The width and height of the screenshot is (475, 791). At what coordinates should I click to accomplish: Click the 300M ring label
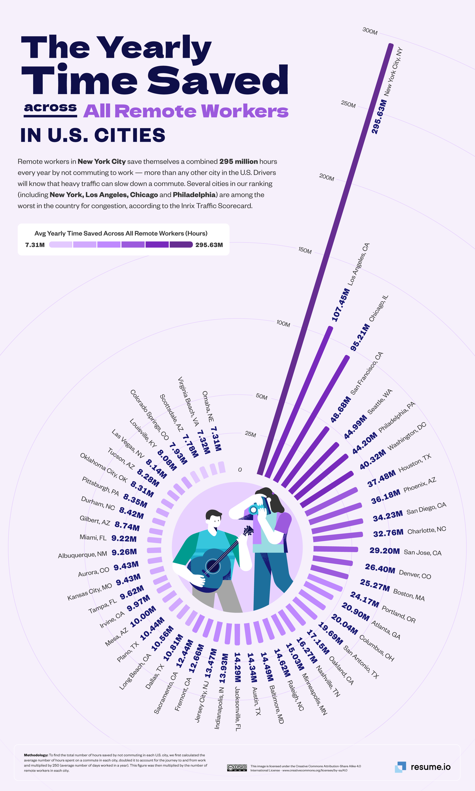tap(370, 31)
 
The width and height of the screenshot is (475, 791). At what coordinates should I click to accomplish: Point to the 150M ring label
tap(305, 250)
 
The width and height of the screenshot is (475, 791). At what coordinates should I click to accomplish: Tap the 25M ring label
tap(250, 434)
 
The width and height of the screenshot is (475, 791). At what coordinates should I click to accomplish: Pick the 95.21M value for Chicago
tap(360, 337)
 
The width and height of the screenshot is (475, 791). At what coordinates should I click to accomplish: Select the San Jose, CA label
tap(423, 552)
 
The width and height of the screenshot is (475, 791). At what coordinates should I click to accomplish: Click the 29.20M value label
tap(384, 550)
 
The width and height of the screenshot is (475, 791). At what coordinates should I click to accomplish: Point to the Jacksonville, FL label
tap(237, 708)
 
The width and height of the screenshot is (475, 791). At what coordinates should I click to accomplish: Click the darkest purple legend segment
tap(181, 244)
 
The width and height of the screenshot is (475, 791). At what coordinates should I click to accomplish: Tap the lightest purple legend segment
tap(61, 244)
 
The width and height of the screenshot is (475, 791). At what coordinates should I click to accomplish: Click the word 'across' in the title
tap(50, 108)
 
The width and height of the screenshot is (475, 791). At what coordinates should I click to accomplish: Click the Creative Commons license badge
tap(237, 768)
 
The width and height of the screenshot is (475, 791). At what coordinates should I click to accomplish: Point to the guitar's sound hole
tap(213, 566)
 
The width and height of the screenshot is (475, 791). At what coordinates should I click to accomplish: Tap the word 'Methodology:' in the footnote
tap(36, 755)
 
